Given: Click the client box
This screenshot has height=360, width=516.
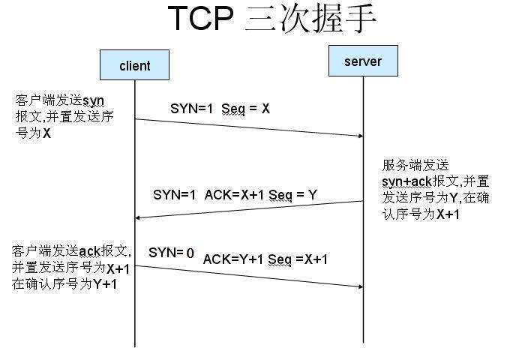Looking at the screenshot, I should [135, 65].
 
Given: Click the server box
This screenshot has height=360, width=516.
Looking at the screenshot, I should [363, 61].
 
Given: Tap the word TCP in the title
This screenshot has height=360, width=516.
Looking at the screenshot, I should [201, 19].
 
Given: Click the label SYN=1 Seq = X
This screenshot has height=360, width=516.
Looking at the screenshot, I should [220, 108].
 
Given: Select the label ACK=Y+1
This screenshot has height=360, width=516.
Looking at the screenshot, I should [234, 259].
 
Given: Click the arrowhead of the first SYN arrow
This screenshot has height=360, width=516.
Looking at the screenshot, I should [359, 136].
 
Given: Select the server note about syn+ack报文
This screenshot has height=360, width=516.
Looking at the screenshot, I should [435, 189].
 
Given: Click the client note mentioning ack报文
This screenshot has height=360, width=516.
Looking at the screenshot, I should [72, 267].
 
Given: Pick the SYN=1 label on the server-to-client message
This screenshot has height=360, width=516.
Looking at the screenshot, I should [174, 194].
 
